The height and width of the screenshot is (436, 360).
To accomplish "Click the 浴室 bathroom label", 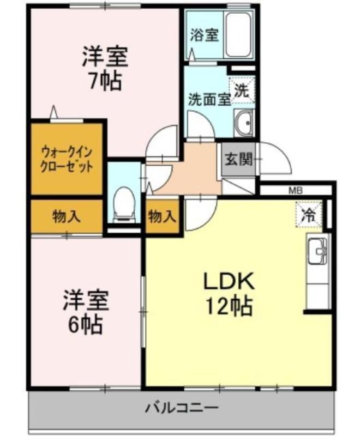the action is tap(204, 35).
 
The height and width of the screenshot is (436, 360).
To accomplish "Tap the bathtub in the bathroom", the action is tap(239, 35).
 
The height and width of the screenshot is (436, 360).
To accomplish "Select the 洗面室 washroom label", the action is tap(209, 99).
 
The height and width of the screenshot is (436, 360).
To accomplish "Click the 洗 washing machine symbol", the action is tap(242, 90).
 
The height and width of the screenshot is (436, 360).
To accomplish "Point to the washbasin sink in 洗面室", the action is tap(244, 123).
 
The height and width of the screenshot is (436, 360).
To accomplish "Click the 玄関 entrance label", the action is tap(238, 159).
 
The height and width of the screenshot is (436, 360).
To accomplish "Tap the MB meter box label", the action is tap(296, 191).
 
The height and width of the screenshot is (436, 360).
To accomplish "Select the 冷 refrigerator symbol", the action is tap(309, 215).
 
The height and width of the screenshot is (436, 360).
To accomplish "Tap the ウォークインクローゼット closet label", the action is tap(67, 160).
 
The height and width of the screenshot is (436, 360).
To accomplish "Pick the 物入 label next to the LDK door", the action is tap(162, 216).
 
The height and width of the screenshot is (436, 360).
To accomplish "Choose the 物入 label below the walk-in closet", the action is tap(67, 216).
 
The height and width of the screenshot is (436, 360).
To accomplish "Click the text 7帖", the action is tap(105, 81).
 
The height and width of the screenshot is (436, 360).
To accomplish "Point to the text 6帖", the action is tap(86, 324).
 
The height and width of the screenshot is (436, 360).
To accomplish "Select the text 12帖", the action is tap(229, 306).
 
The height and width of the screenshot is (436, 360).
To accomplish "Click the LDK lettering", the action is tap(229, 281).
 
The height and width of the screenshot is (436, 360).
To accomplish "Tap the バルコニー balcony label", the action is tap(182, 408).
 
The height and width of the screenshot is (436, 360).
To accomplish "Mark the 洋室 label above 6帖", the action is tap(86, 300).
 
